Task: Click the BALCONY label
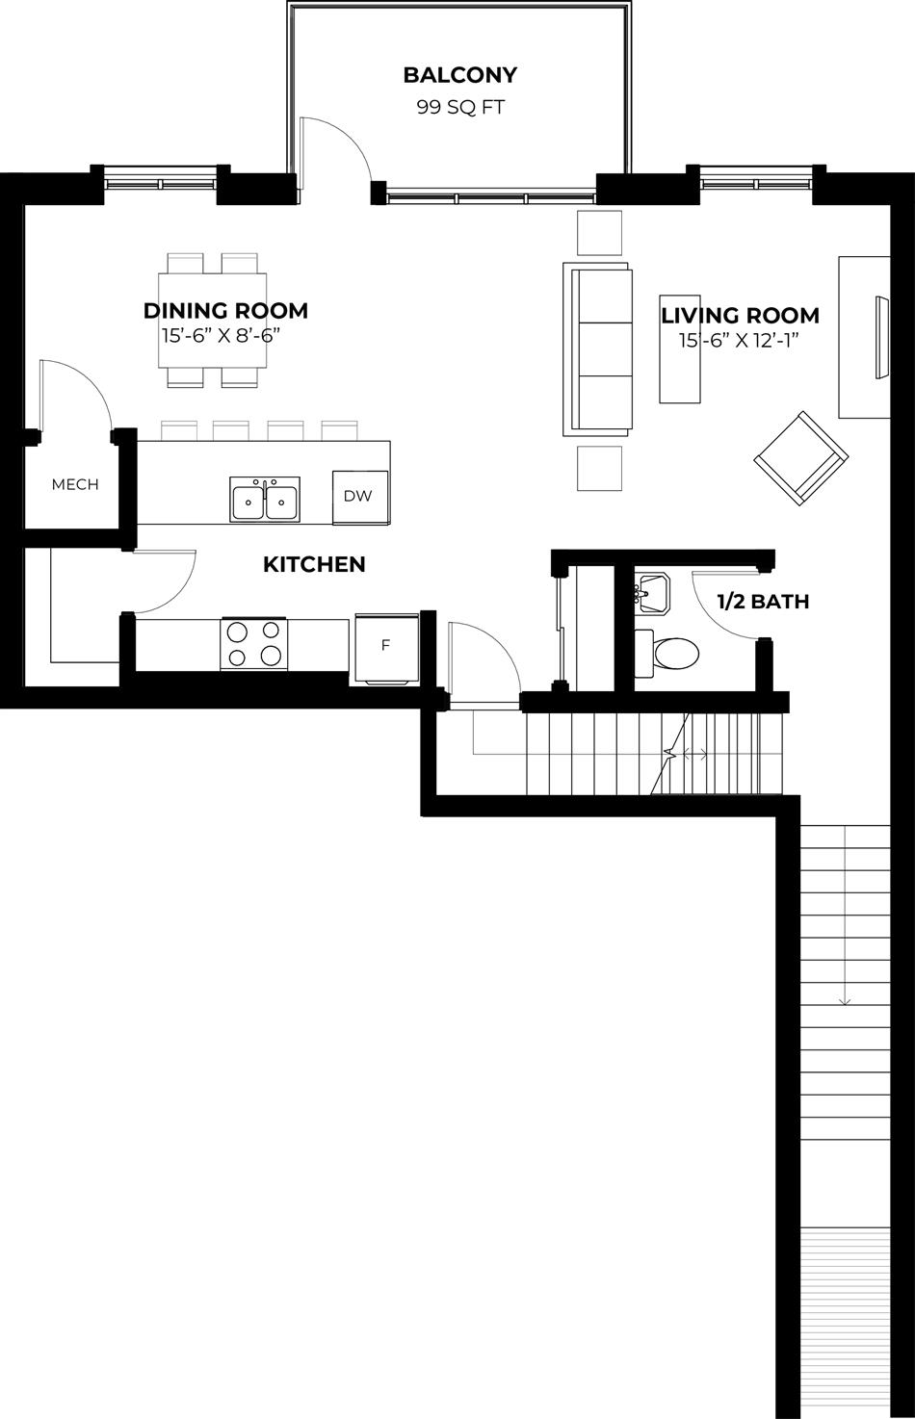(460, 75)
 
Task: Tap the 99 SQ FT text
(460, 107)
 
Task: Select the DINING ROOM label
(225, 310)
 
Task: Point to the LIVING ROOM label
(740, 315)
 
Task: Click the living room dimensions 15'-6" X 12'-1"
(738, 341)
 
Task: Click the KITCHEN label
(314, 564)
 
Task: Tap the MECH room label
(75, 484)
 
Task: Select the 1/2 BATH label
(763, 601)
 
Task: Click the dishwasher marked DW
(360, 498)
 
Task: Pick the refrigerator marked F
(386, 648)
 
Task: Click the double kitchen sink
(265, 500)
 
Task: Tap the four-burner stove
(253, 643)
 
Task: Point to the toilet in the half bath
(667, 651)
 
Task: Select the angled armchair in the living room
(801, 457)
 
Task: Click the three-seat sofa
(597, 349)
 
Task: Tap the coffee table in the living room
(680, 349)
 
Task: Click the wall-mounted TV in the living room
(882, 337)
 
